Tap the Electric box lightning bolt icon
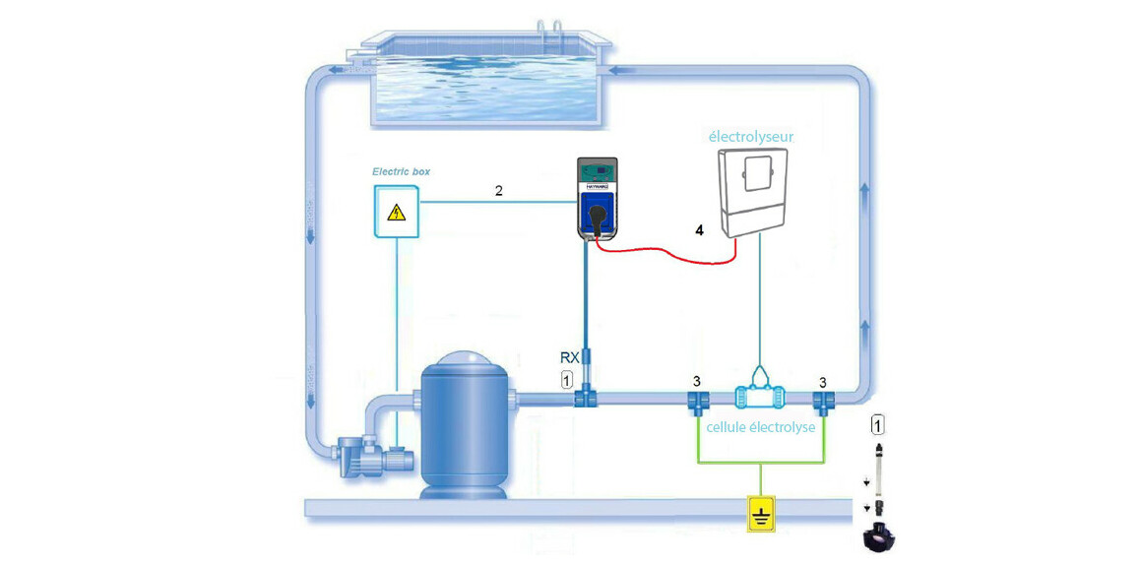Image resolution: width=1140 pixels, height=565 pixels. (x=396, y=213)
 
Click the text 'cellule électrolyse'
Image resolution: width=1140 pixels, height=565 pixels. (x=759, y=427)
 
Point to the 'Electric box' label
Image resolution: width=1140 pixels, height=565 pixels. (x=401, y=171)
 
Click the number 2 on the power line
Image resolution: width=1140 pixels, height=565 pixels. (x=499, y=190)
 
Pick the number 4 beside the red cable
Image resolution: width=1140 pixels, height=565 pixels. (x=699, y=229)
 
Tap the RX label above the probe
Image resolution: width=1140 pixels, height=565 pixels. (x=569, y=356)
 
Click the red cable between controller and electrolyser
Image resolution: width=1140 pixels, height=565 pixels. (x=669, y=258)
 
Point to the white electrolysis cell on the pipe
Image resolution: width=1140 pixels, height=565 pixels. (x=759, y=399)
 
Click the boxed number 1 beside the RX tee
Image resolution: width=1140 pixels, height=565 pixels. (x=566, y=379)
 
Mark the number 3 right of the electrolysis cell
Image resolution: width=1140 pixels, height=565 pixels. (x=824, y=381)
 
